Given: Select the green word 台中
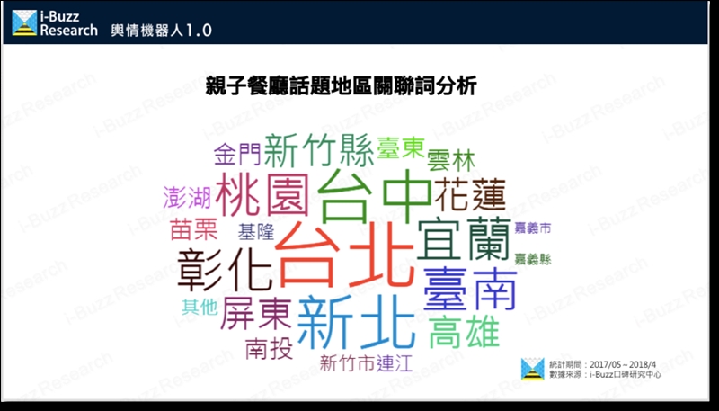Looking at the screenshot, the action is (x=374, y=195).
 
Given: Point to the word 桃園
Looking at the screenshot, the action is (x=262, y=194).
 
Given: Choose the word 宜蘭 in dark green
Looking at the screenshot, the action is (x=464, y=240).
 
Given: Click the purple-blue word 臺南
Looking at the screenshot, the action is (x=470, y=288).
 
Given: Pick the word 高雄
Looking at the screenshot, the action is (x=464, y=332).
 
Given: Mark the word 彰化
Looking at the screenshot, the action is (x=225, y=269).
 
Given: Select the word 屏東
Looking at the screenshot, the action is (x=256, y=313).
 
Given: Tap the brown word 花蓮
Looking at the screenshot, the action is (x=469, y=194).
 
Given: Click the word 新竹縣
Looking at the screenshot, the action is (x=319, y=149).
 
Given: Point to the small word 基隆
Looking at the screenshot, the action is (x=255, y=232).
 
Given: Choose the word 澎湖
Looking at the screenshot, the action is (x=187, y=198).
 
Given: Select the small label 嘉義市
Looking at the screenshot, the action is (x=532, y=228).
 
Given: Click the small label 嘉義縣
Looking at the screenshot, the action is (x=532, y=259).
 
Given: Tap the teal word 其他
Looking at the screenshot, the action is (x=200, y=307).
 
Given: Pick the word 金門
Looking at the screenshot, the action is (x=237, y=154).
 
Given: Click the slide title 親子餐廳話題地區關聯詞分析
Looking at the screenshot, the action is (x=342, y=85).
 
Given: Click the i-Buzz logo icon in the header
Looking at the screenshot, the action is (x=24, y=23).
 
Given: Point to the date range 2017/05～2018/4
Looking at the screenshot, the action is (x=623, y=365).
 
